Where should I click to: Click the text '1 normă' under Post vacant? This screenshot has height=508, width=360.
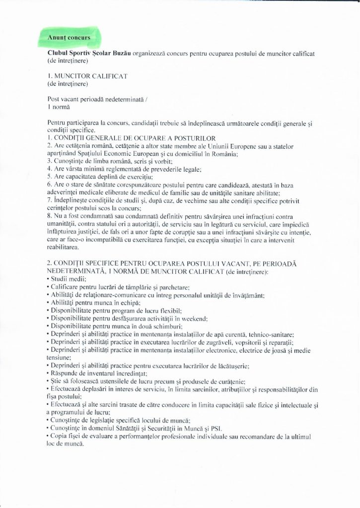[59, 107]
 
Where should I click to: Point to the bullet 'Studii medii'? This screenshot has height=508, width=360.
[67, 279]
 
